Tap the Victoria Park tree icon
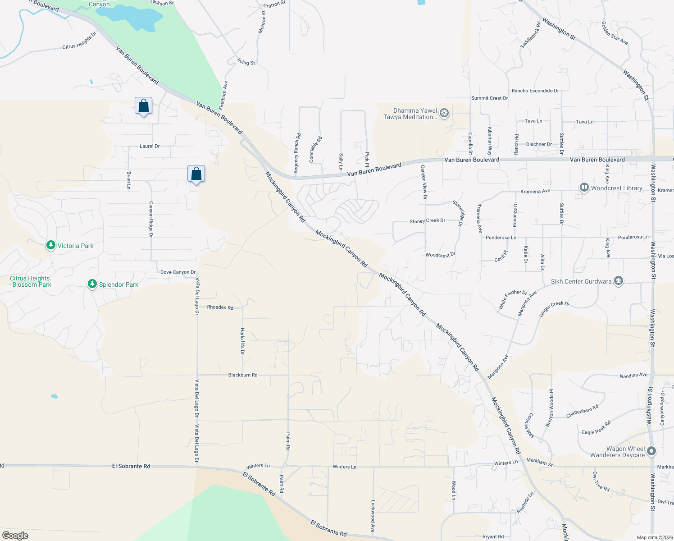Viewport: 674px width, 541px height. pos(51,245)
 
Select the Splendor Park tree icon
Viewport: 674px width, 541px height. pos(92,284)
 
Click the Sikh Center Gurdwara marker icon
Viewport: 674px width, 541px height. pos(619,281)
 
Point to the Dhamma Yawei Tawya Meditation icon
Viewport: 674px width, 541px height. pos(444,113)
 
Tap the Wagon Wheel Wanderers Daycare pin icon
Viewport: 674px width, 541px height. pos(651,451)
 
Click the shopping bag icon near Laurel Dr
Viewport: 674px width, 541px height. pos(143,106)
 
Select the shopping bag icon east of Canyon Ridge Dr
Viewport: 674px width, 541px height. pos(196,174)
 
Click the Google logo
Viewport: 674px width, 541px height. pos(15,535)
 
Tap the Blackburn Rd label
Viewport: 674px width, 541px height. pos(243,375)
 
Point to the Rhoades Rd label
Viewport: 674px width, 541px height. pos(220,307)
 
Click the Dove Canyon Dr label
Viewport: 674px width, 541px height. pos(178,272)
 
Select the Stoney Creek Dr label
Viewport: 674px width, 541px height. pos(427,221)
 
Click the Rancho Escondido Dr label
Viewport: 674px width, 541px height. pos(535,91)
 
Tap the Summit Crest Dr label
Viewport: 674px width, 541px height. pos(489,98)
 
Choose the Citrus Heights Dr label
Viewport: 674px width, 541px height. pos(79,41)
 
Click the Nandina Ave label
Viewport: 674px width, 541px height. pos(633,375)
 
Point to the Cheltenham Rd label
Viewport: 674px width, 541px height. pos(582,411)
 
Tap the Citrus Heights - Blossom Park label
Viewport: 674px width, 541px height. pos(30,281)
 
